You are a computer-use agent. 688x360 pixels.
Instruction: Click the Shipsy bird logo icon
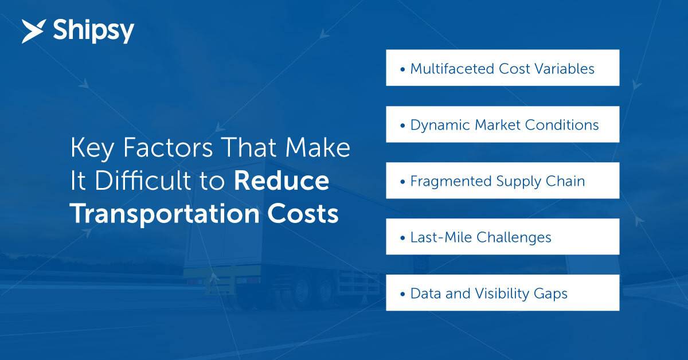[34, 31]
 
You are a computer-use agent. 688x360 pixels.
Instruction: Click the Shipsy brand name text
[93, 32]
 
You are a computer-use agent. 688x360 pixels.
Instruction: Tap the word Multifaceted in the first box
[452, 68]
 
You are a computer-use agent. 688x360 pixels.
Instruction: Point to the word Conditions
[562, 125]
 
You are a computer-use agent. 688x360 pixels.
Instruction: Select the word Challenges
[514, 238]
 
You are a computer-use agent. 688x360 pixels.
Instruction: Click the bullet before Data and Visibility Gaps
[402, 294]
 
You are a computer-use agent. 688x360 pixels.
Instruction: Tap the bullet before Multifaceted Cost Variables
[402, 69]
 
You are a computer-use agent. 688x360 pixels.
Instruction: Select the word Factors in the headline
[168, 148]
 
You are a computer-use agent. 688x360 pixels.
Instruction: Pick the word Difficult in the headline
[143, 181]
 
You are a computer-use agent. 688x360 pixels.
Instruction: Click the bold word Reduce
[282, 181]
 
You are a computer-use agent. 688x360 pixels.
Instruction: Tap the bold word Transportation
[165, 214]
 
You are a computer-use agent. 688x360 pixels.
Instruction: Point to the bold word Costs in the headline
[303, 214]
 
